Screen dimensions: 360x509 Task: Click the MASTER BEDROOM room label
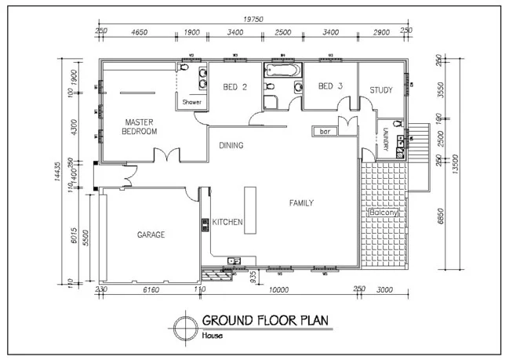(x=140, y=126)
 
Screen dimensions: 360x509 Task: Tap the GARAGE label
(x=151, y=235)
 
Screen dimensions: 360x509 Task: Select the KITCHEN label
(x=227, y=223)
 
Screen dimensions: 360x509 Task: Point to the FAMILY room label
(x=301, y=203)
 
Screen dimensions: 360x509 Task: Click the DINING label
(x=231, y=145)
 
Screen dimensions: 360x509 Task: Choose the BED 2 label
(x=235, y=86)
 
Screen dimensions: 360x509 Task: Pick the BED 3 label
(x=330, y=86)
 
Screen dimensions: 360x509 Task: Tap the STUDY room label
(x=381, y=90)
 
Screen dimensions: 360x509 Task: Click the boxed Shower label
(x=192, y=102)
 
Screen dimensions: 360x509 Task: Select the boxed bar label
(x=324, y=132)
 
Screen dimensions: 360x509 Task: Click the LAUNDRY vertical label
(x=386, y=141)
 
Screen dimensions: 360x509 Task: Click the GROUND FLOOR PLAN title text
(x=265, y=321)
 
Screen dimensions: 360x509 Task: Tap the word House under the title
(x=212, y=336)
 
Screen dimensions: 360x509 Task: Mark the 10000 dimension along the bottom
(x=278, y=290)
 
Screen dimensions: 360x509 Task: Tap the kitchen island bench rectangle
(x=251, y=208)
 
